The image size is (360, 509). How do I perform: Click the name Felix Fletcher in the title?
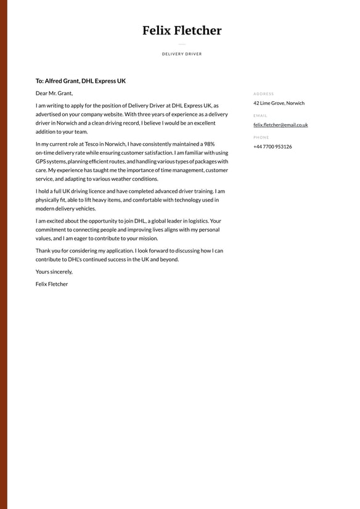tap(182, 30)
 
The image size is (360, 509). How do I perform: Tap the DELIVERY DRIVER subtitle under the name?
tap(182, 54)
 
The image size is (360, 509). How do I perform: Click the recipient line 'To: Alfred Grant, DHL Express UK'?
tap(81, 81)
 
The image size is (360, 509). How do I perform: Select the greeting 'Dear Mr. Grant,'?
tap(54, 93)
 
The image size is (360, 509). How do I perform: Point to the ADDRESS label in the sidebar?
tap(263, 94)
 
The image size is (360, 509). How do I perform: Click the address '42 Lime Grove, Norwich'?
tap(279, 103)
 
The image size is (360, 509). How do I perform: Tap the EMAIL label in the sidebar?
tap(260, 115)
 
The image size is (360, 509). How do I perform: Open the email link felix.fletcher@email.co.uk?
tap(280, 125)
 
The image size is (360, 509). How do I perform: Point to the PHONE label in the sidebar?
tap(261, 137)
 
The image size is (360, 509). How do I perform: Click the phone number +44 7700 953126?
tap(272, 146)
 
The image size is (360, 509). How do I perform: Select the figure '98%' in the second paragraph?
tap(209, 144)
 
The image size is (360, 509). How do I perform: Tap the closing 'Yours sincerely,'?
tap(54, 271)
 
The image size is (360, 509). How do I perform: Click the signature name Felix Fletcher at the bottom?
tap(52, 284)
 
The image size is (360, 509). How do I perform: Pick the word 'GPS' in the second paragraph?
tap(41, 161)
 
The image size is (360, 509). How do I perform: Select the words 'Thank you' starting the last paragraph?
tap(47, 250)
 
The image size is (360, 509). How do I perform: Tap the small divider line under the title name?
tap(182, 44)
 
